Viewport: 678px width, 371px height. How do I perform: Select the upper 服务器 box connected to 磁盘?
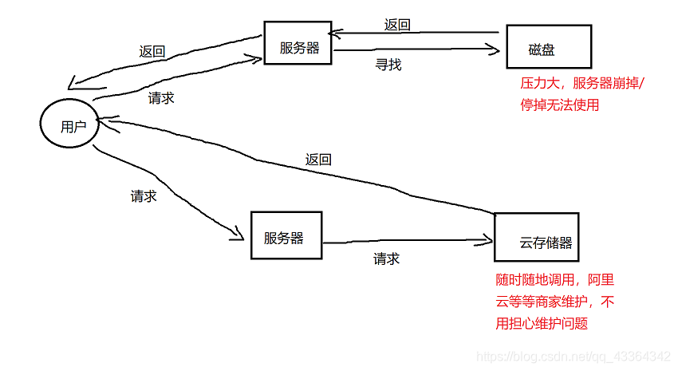point(298,47)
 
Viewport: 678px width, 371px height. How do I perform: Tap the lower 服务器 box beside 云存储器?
point(286,236)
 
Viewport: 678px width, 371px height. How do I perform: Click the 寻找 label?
point(388,65)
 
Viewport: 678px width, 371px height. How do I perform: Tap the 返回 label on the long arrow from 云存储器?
point(318,159)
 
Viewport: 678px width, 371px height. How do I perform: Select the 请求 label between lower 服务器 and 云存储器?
point(386,259)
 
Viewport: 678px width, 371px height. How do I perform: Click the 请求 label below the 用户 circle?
point(144,195)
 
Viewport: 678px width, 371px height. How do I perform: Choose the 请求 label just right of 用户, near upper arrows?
point(161,99)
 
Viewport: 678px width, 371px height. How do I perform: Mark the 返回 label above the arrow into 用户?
point(152,51)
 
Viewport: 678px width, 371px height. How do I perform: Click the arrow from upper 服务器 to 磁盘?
point(415,50)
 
